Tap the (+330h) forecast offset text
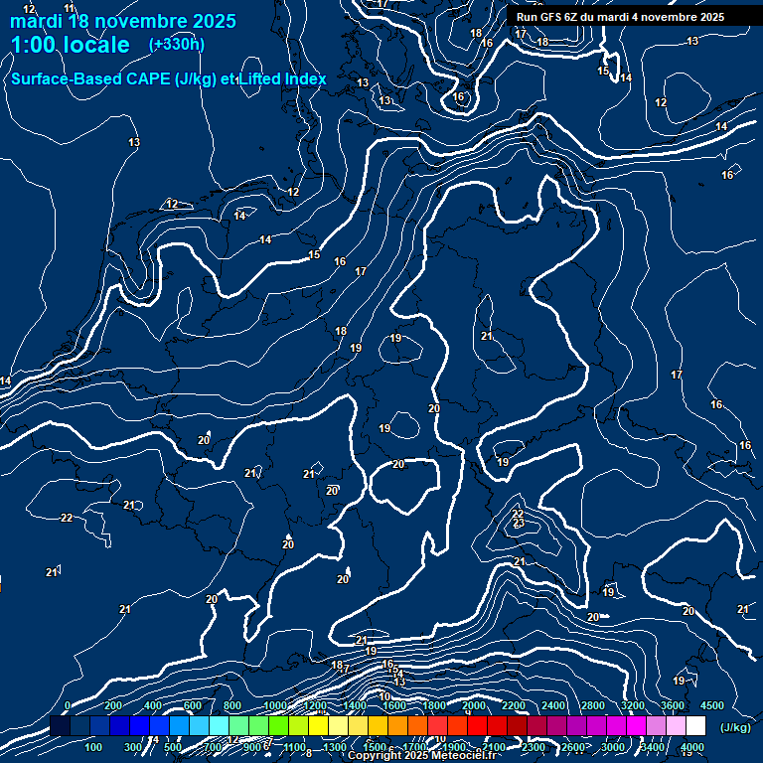pyautogui.click(x=177, y=44)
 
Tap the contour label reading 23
pyautogui.click(x=519, y=523)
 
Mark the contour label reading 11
pyautogui.click(x=69, y=8)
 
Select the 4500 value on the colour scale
pyautogui.click(x=712, y=705)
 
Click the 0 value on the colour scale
pyautogui.click(x=68, y=705)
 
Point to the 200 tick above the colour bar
pyautogui.click(x=113, y=705)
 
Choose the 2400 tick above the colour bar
pyautogui.click(x=553, y=705)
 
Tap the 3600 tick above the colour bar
pyautogui.click(x=673, y=705)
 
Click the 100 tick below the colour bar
pyautogui.click(x=93, y=747)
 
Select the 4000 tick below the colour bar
pyautogui.click(x=692, y=747)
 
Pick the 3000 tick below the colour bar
pyautogui.click(x=613, y=747)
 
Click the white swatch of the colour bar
pyautogui.click(x=695, y=726)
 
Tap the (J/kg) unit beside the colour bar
pyautogui.click(x=734, y=727)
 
